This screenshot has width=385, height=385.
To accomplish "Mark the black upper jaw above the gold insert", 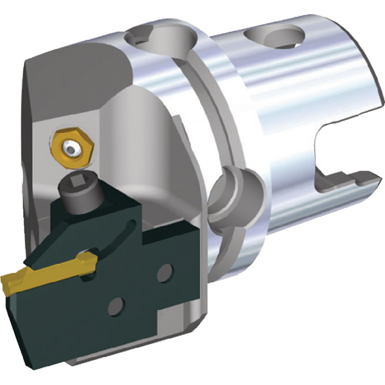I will [x=58, y=246].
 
